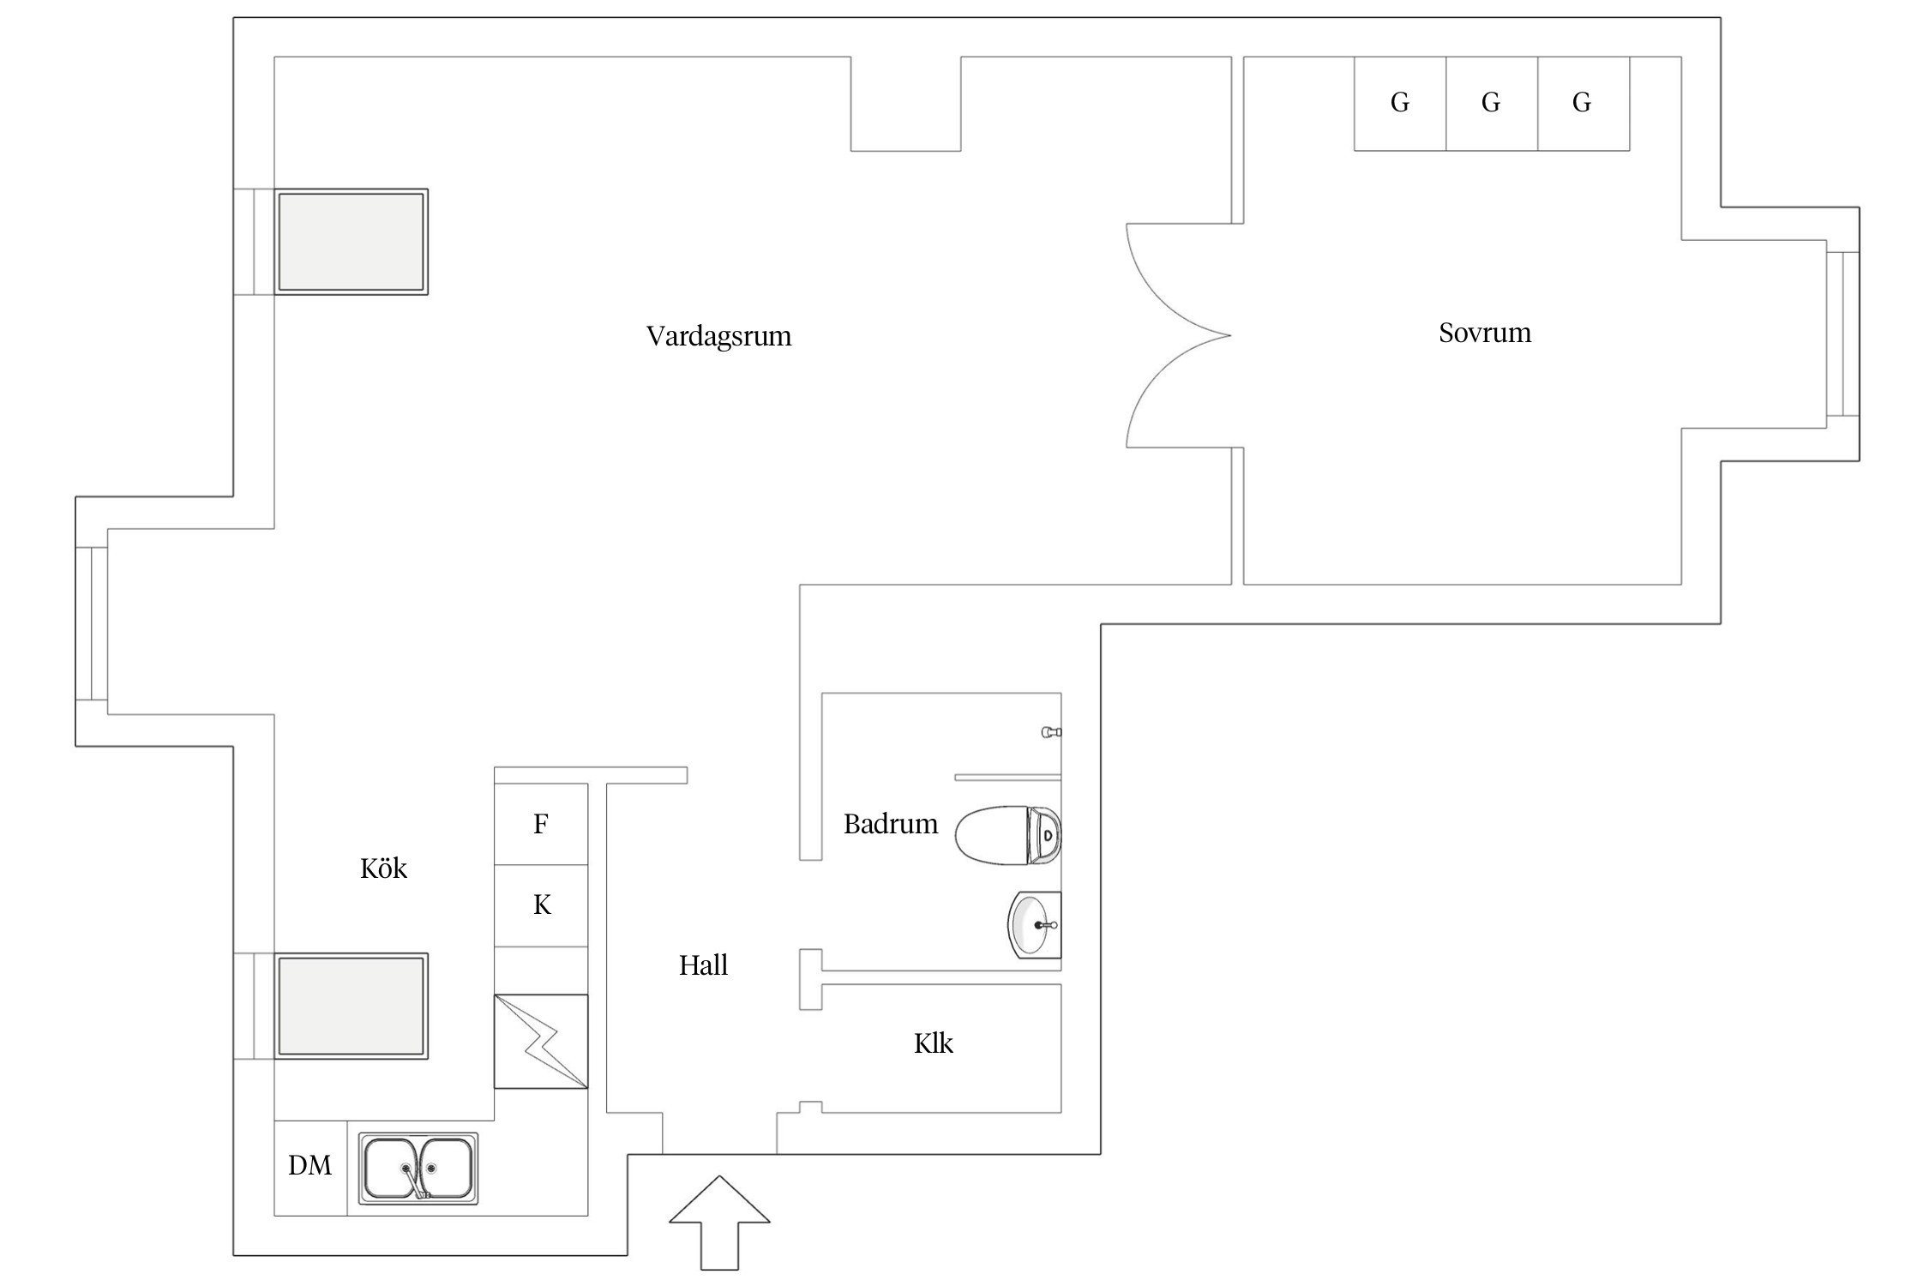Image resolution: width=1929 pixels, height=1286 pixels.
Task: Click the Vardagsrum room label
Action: click(718, 335)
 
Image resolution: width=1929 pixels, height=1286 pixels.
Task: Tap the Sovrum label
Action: click(1484, 333)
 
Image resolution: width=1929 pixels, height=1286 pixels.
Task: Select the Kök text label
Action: click(383, 868)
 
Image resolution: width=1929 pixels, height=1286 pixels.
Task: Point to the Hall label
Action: click(703, 965)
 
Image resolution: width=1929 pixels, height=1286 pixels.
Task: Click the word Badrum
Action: click(890, 824)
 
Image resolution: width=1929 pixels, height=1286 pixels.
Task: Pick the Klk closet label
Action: click(933, 1043)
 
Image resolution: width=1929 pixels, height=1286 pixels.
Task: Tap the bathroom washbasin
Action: click(1034, 925)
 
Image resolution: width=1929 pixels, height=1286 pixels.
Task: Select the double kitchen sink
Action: click(418, 1168)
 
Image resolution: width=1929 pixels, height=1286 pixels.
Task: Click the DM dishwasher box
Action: click(310, 1167)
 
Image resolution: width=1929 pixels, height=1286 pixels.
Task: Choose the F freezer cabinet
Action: click(541, 824)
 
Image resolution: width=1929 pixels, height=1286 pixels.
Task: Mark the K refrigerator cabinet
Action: click(541, 905)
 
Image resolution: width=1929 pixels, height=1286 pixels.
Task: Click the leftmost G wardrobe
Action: click(1400, 104)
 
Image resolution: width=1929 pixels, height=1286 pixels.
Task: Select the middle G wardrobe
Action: click(1491, 104)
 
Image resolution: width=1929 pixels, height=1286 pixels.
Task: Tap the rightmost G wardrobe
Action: click(1583, 104)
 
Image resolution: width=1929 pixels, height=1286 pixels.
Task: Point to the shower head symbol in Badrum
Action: click(1051, 732)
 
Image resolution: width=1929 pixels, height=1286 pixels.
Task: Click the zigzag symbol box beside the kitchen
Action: click(541, 1042)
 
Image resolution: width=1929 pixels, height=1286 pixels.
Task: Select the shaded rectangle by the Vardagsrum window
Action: click(351, 242)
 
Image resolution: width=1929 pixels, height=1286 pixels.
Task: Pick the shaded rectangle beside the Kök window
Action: click(351, 1006)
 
